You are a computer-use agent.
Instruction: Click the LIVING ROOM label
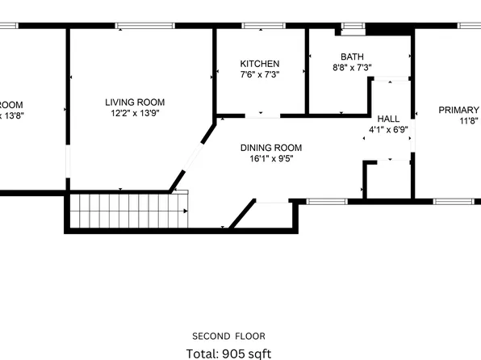[135, 103]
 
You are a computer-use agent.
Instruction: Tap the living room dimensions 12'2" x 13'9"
[135, 115]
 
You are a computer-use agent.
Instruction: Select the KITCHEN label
[260, 64]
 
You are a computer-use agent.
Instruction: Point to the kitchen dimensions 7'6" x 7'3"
[260, 75]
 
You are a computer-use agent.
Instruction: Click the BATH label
[352, 57]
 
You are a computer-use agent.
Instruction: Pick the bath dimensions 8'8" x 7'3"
[352, 69]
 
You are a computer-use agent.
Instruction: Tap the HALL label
[388, 119]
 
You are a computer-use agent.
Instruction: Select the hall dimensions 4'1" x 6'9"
[388, 130]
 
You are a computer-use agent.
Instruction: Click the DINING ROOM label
[271, 148]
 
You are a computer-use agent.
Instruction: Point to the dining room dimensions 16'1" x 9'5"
[271, 159]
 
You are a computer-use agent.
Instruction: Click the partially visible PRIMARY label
[458, 110]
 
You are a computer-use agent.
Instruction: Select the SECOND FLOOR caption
[228, 336]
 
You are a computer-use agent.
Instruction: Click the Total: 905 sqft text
[228, 353]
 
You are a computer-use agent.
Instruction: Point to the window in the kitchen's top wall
[258, 26]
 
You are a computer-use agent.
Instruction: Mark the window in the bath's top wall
[352, 27]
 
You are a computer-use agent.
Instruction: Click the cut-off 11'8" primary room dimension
[470, 122]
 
